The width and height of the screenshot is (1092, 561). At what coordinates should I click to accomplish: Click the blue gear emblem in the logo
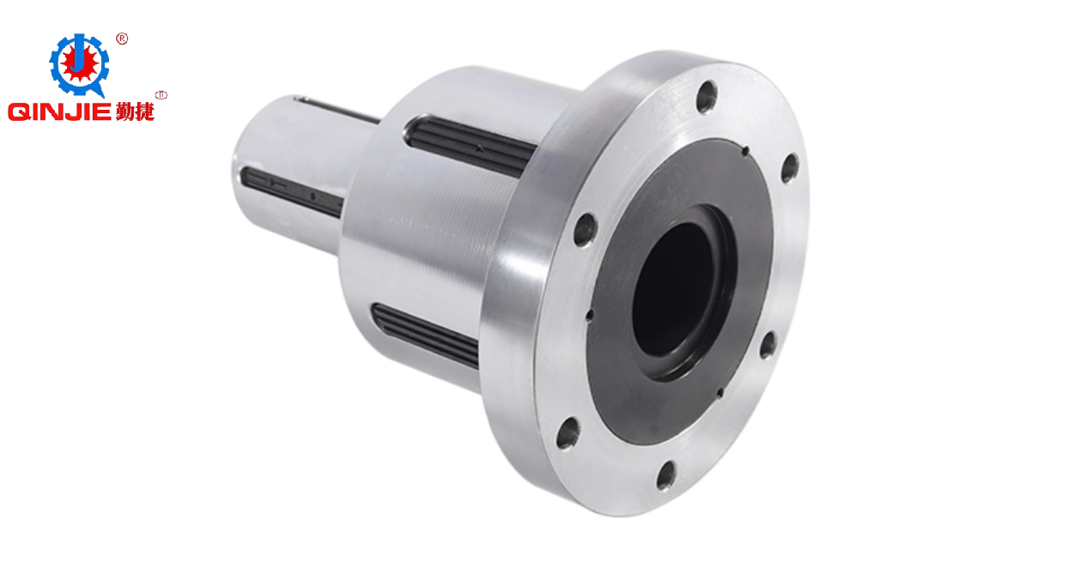pos(79,64)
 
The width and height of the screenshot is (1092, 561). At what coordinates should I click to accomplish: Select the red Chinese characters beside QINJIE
pos(135,112)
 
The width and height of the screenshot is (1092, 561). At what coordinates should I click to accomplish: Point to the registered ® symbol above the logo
pos(122,39)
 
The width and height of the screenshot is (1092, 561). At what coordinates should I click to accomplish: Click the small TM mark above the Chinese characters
pos(161,95)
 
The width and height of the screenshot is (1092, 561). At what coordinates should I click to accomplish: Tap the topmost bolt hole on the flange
pos(707,97)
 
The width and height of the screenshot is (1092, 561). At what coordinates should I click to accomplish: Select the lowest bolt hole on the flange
pos(665,475)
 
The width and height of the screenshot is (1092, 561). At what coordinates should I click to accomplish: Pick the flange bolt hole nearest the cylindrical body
pos(585,229)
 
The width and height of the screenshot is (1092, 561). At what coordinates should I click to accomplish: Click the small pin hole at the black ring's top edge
pos(745,152)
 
